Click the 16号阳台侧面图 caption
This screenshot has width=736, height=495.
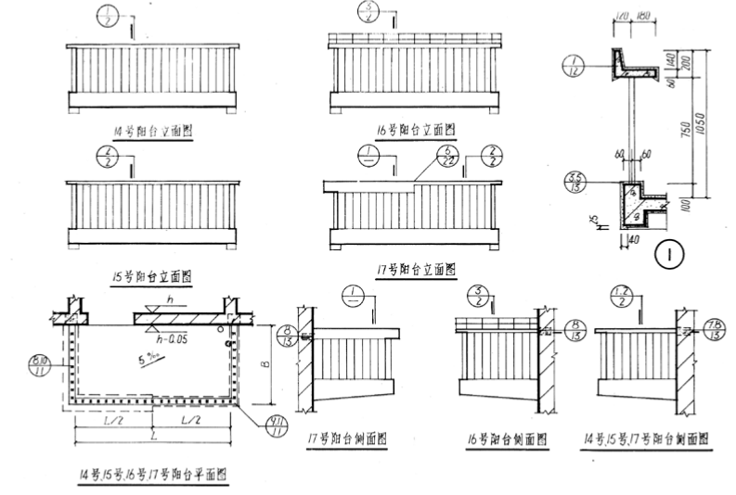[508, 438]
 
